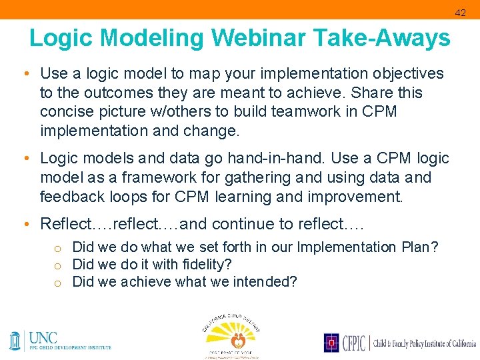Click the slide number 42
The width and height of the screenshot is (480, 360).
(461, 13)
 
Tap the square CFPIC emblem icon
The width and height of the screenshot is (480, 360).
(332, 343)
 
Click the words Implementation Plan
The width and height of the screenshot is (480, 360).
(358, 247)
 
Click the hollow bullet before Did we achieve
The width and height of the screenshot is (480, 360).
(59, 283)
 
